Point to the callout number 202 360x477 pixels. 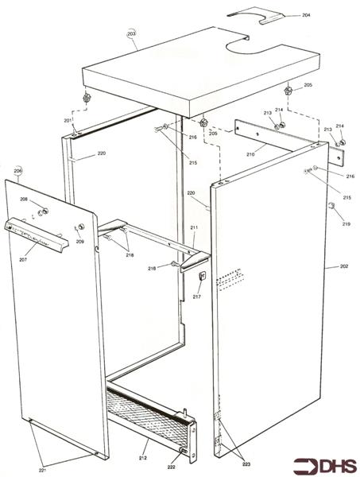pyautogui.click(x=343, y=267)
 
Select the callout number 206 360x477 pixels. pyautogui.click(x=17, y=171)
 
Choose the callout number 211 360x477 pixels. pyautogui.click(x=194, y=228)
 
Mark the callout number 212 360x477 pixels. pyautogui.click(x=143, y=458)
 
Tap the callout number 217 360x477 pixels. pyautogui.click(x=196, y=297)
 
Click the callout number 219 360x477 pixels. pyautogui.click(x=346, y=225)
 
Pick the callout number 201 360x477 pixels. pyautogui.click(x=69, y=119)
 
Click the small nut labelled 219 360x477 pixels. pyautogui.click(x=331, y=207)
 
